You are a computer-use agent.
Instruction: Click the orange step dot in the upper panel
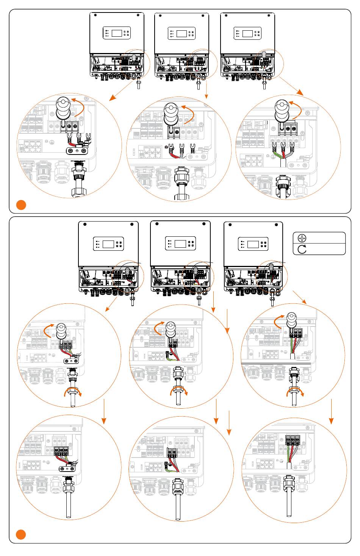point(21,205)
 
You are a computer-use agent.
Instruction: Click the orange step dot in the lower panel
point(21,535)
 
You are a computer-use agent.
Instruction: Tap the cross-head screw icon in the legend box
point(302,238)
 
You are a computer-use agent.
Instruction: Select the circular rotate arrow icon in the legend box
point(302,249)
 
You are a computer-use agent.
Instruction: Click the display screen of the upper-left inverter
point(117,33)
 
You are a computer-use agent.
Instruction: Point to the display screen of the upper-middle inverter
point(182,33)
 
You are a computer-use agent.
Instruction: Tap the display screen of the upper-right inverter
point(247,33)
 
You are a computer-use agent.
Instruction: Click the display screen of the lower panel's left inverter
point(108,244)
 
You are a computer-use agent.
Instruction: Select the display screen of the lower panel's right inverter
point(253,244)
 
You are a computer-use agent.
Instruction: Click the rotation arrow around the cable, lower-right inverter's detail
point(295,392)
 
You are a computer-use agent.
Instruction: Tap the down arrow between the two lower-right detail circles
point(331,411)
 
